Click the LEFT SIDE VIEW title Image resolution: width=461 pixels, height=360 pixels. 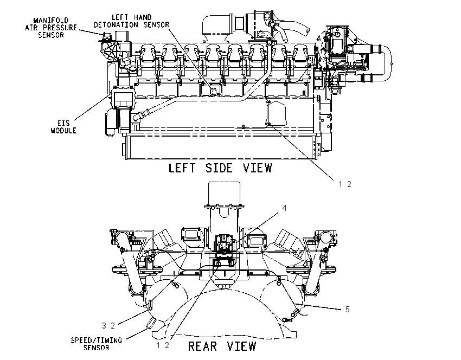click(x=220, y=168)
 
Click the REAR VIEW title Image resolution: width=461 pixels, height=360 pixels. click(x=222, y=346)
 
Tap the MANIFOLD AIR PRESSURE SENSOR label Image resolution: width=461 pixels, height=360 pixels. click(x=51, y=28)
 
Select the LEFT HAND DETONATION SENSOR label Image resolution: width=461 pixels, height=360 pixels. click(x=131, y=21)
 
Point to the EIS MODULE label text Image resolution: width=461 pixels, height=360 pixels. click(x=63, y=127)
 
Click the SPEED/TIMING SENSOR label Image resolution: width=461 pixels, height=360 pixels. click(x=97, y=344)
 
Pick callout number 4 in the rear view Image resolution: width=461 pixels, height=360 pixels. click(x=284, y=208)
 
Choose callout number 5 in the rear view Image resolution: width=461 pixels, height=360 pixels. click(x=347, y=310)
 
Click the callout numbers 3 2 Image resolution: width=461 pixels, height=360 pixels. click(x=108, y=326)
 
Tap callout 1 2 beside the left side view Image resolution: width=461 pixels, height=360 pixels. click(x=345, y=184)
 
